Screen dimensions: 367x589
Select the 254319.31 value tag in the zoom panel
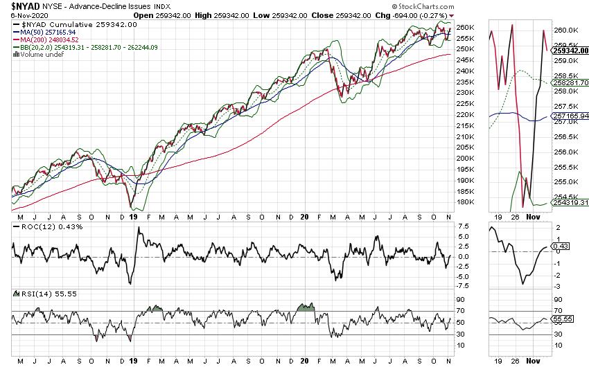click(571, 202)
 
